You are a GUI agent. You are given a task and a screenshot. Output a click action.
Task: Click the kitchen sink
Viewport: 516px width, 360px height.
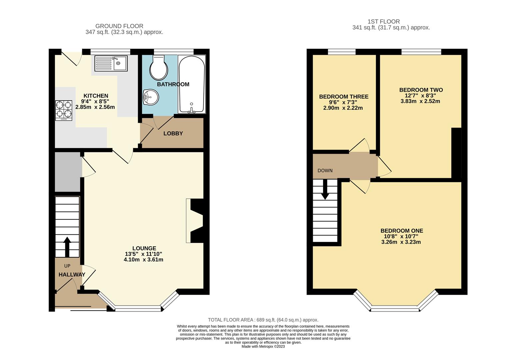[111, 63]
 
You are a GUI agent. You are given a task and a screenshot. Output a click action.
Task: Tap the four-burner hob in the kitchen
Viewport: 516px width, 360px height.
[64, 110]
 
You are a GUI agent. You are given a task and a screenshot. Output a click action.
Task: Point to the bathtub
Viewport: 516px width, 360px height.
[192, 84]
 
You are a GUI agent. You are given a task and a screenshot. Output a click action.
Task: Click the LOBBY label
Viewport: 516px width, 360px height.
[173, 134]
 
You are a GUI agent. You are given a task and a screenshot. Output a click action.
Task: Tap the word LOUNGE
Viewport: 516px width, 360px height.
[144, 248]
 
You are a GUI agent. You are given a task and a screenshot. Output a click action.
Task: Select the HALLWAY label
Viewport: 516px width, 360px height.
[72, 275]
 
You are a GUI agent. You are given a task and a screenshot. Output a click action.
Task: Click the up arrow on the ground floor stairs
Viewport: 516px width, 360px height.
[67, 247]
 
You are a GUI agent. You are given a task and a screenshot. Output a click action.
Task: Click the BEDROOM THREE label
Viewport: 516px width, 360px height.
[343, 97]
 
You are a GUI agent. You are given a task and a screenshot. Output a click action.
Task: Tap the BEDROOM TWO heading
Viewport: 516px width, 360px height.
[421, 90]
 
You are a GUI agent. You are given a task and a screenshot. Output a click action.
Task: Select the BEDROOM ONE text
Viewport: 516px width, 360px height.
[401, 231]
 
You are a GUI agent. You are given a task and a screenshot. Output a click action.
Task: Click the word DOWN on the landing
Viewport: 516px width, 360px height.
[325, 171]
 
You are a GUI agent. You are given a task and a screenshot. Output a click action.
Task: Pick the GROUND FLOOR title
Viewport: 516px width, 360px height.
[119, 26]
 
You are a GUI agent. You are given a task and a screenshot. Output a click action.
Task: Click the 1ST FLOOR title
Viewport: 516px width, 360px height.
[383, 21]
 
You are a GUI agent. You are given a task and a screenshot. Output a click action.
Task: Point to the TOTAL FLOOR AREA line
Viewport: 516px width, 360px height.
[263, 320]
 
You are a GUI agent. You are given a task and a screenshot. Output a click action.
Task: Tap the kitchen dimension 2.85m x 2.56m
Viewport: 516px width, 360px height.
[95, 107]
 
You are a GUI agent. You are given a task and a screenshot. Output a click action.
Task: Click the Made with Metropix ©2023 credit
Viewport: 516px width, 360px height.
[263, 346]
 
